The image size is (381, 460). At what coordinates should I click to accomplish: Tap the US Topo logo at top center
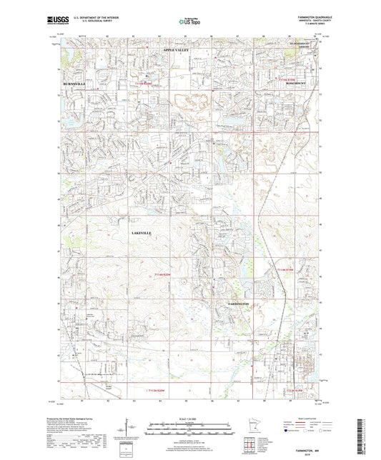click(x=189, y=21)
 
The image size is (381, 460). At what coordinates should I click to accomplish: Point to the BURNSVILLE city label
click(x=70, y=84)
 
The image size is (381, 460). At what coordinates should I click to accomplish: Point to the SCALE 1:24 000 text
click(x=189, y=418)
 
